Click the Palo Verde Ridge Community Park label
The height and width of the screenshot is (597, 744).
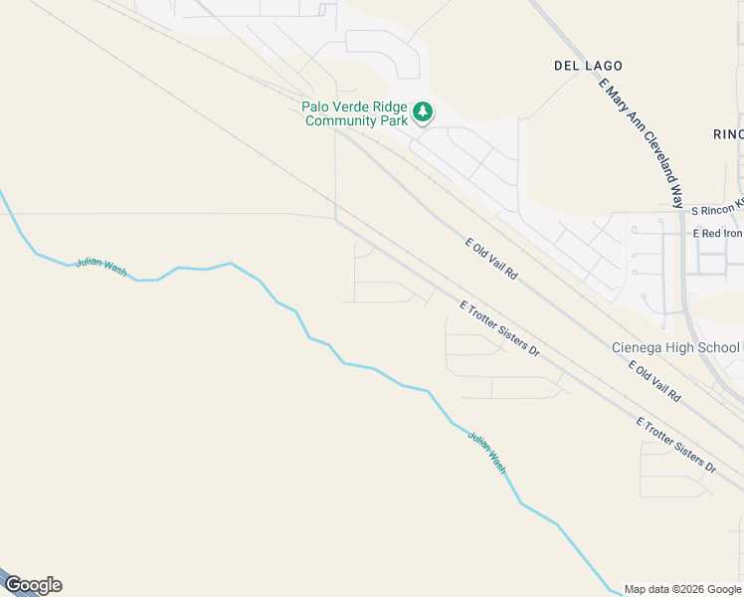[357, 113]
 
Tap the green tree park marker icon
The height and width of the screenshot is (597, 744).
[424, 111]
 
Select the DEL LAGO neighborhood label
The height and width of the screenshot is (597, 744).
[587, 66]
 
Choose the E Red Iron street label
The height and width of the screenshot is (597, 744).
[717, 234]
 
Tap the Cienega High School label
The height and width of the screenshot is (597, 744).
[675, 347]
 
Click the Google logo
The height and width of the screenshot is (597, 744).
[33, 585]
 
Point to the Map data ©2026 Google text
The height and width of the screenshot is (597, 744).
[682, 589]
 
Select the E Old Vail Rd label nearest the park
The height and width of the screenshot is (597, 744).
[492, 258]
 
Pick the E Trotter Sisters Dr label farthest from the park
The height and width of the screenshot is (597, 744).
[676, 444]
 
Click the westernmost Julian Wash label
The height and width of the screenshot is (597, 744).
[101, 267]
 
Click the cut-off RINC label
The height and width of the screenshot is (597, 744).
[728, 134]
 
